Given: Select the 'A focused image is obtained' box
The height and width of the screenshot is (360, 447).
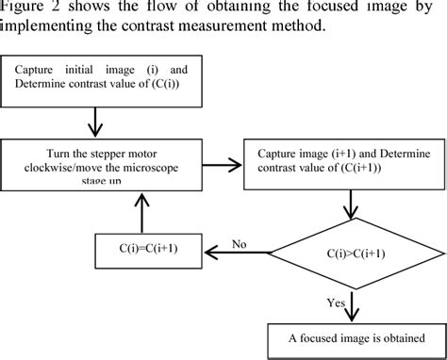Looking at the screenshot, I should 350,338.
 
